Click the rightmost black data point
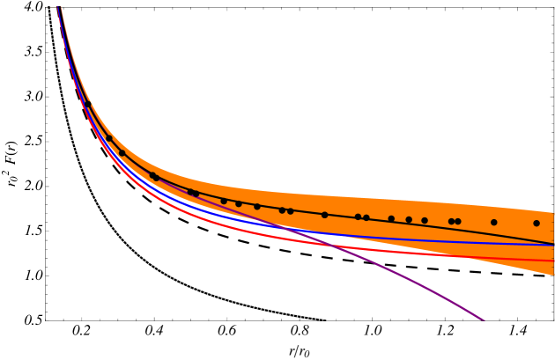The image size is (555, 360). [x=536, y=223]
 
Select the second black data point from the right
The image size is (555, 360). [x=493, y=222]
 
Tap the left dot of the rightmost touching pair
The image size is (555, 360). [x=451, y=221]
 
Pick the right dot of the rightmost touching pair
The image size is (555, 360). [x=458, y=221]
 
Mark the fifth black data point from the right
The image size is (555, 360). [x=425, y=220]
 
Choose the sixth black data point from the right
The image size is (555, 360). [x=409, y=219]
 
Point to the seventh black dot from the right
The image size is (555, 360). [x=391, y=218]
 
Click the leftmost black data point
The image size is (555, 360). [x=88, y=106]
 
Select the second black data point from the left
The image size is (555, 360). [x=109, y=136]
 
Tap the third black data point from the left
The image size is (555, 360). [x=122, y=152]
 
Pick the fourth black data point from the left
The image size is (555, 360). [x=152, y=175]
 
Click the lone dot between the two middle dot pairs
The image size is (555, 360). [x=324, y=214]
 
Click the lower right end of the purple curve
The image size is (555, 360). [x=484, y=320]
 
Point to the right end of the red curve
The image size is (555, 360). [x=553, y=261]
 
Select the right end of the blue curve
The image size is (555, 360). [x=553, y=245]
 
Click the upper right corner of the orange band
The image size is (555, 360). [x=553, y=212]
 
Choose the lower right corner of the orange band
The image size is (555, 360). [x=553, y=275]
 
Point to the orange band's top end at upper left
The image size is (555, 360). [x=61, y=7]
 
